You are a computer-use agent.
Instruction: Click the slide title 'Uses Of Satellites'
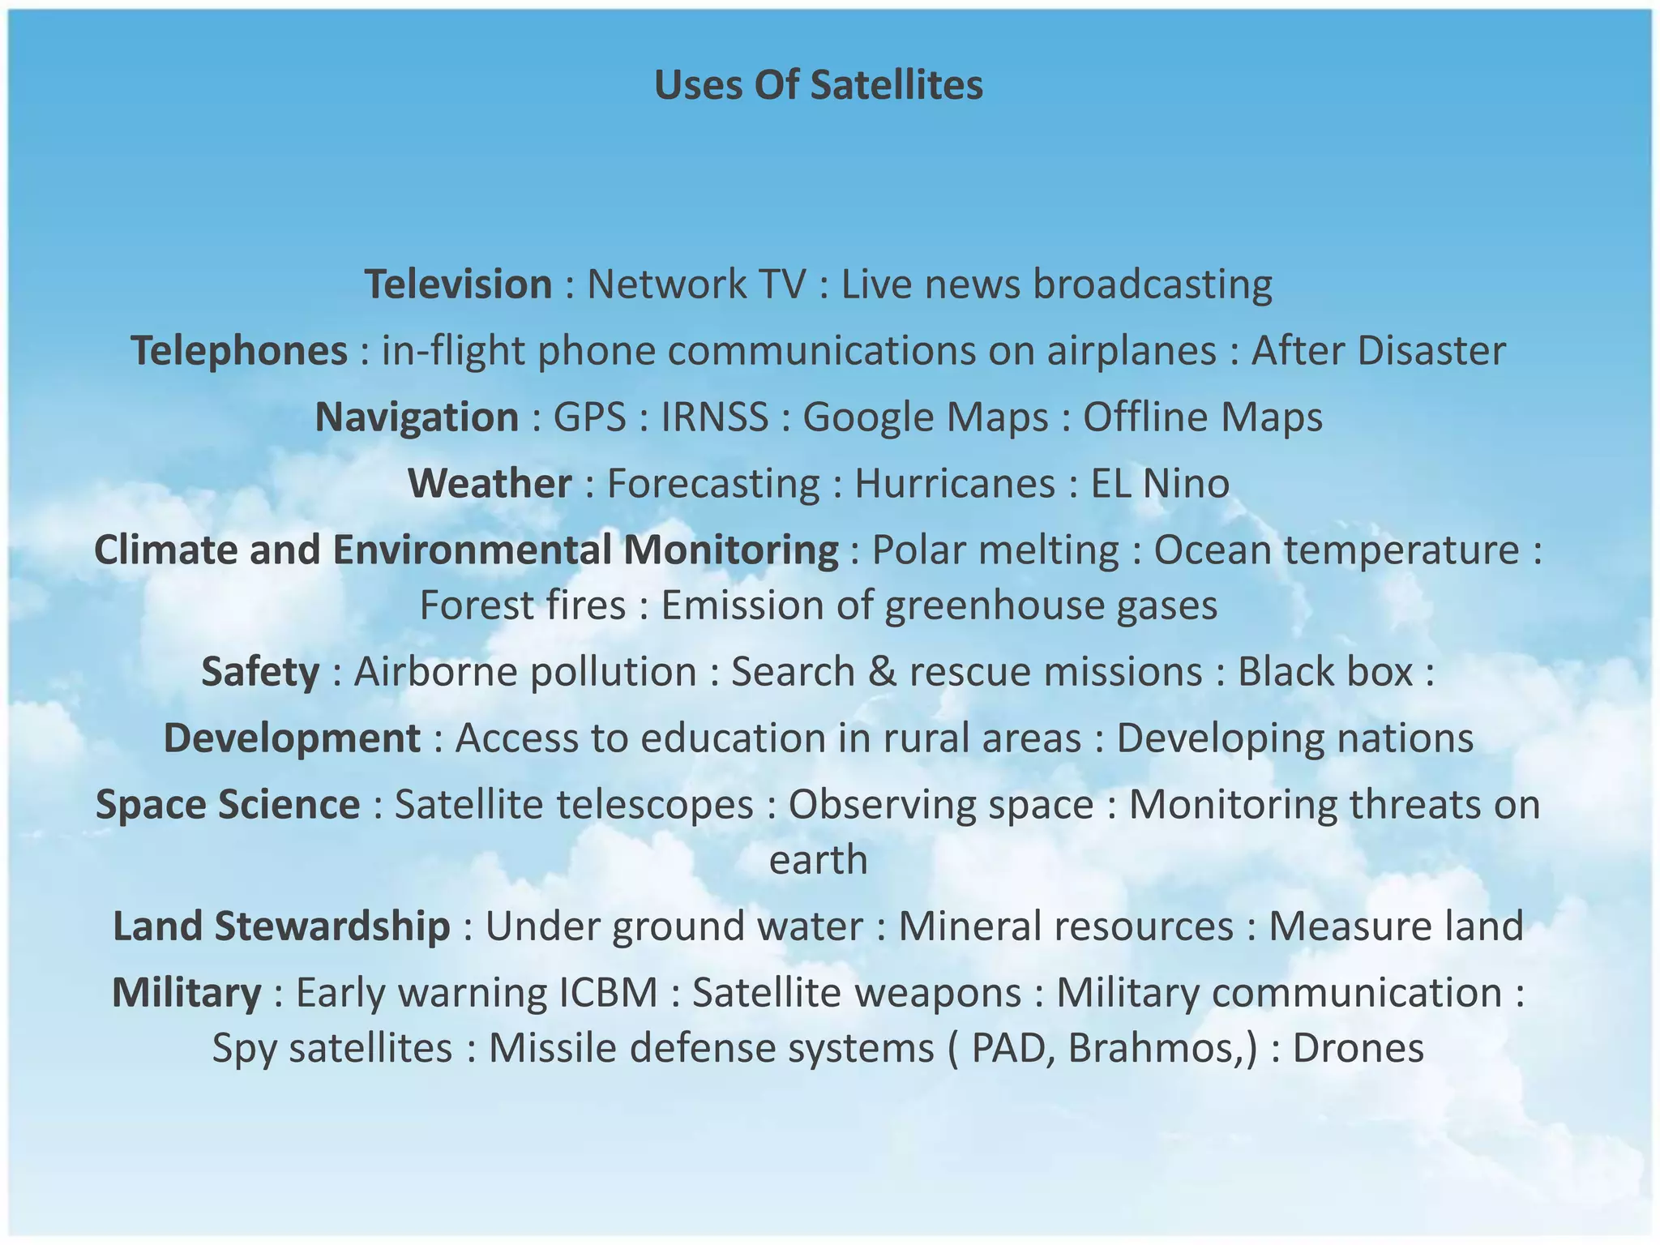[819, 85]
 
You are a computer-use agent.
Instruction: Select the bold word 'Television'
[458, 285]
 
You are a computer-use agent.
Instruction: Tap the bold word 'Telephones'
[239, 351]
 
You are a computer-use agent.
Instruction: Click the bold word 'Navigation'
[417, 417]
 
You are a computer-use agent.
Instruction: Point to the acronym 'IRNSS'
[714, 417]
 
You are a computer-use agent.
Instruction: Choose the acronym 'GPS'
[589, 417]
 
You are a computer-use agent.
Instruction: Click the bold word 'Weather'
[490, 484]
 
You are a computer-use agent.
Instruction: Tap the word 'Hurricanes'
[955, 484]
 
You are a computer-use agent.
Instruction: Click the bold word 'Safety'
[260, 672]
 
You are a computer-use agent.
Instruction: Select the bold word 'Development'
[292, 738]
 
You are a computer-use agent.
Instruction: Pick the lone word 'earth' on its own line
[818, 860]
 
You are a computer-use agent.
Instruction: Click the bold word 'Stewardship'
[332, 926]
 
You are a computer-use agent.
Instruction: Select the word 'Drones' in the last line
[1358, 1048]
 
